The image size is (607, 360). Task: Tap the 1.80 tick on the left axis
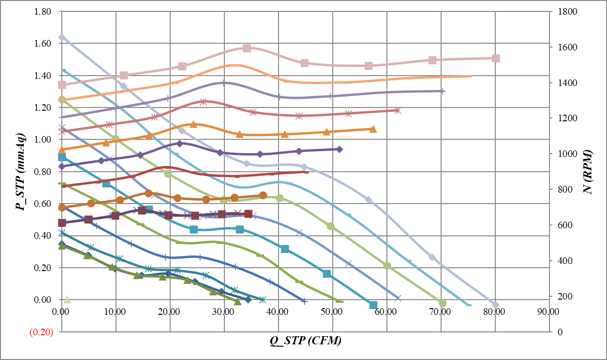point(43,11)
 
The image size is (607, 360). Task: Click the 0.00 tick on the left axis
point(43,300)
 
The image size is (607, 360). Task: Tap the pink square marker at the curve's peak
point(247,48)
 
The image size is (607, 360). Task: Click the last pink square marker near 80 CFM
point(496,58)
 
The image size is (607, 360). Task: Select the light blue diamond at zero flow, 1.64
point(62,37)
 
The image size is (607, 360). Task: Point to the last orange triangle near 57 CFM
point(373,129)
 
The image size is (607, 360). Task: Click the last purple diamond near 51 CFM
point(339,149)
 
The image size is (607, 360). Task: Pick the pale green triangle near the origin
point(67,299)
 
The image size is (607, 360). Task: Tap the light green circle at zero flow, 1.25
point(62,99)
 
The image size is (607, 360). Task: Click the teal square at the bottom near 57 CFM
point(373,305)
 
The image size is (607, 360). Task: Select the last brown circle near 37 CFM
point(263,195)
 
